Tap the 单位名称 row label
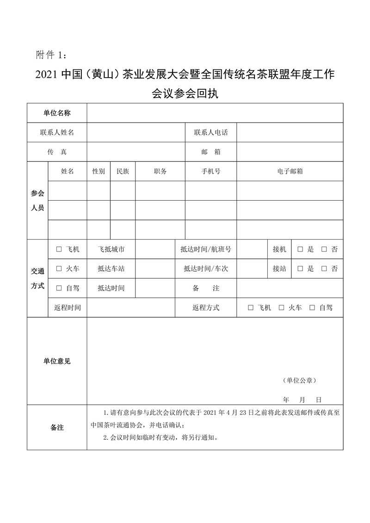57,113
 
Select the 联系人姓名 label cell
57,133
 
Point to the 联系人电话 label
211,133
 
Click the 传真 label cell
57,152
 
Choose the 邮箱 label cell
211,152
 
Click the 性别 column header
99,172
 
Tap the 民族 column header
123,172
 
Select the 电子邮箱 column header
290,172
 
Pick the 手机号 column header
211,172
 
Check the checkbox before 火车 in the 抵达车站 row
59,269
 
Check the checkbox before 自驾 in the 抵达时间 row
59,288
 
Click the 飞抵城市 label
111,250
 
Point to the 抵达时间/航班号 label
206,250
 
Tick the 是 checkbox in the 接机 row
300,250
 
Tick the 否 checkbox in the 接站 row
324,269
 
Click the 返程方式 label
206,308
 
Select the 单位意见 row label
57,362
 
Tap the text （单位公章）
299,381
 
